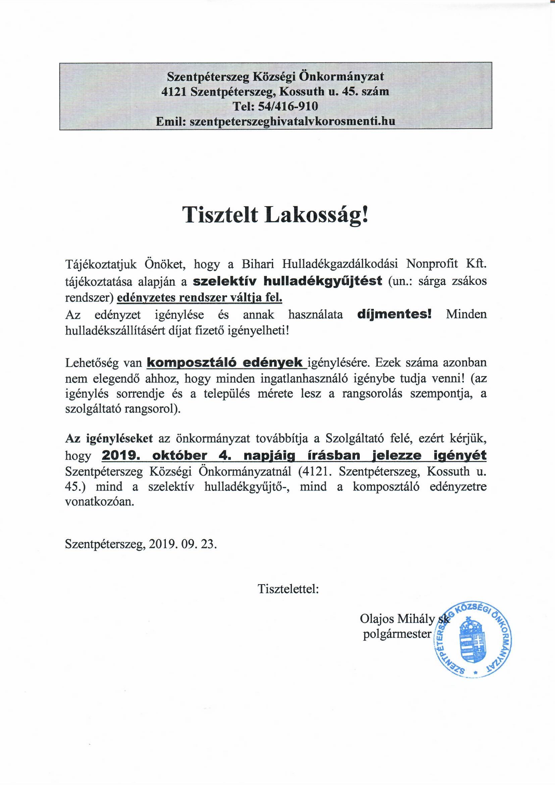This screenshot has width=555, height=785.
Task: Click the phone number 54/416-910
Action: pos(288,106)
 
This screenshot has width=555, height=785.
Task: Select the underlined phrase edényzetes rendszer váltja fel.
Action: pos(200,298)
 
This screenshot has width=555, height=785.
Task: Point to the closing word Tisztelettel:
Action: pos(289,598)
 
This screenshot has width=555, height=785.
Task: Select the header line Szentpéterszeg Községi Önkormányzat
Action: pos(275,76)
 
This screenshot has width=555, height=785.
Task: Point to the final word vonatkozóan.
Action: pos(99,502)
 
